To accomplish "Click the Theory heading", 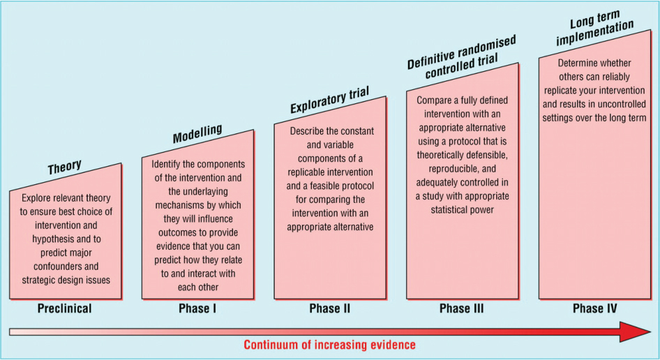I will pos(64,167).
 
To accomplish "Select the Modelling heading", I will pos(197,133).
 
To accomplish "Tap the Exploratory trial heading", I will pos(329,100).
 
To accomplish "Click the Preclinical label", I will pos(64,308).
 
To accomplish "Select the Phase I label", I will pos(197,308).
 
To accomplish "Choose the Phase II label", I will pos(329,308).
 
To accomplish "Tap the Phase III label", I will pos(462,308).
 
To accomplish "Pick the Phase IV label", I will pos(594,308).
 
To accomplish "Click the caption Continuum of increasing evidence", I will pos(329,345).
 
